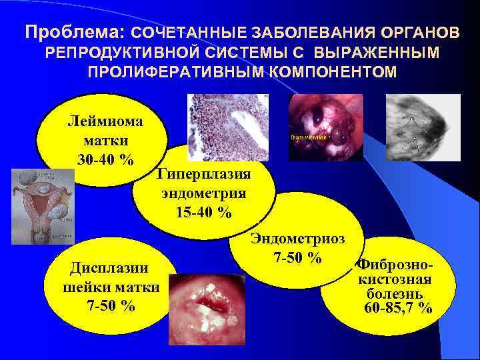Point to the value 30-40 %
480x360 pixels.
tap(106, 160)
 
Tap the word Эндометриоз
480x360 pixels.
tap(298, 239)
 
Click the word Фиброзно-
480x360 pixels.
tap(394, 266)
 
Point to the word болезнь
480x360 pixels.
tap(394, 293)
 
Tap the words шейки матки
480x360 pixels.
tap(110, 287)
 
